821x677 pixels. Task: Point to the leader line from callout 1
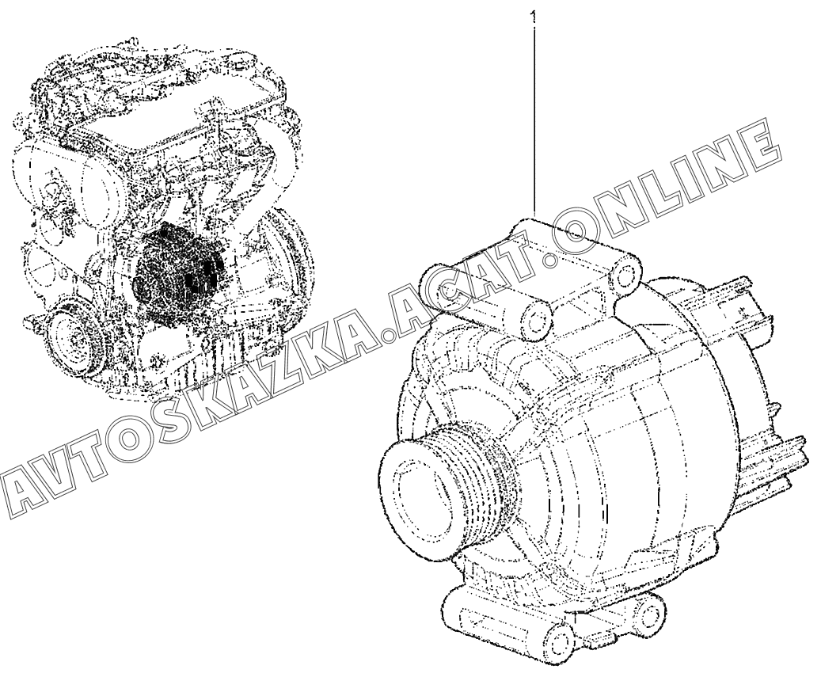click(x=534, y=120)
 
